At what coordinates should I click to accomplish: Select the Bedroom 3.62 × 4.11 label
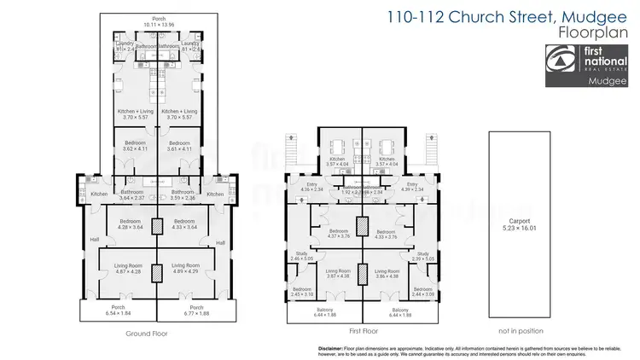(x=136, y=146)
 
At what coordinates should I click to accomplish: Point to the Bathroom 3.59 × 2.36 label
(x=183, y=195)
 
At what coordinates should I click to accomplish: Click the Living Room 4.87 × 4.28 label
(x=128, y=269)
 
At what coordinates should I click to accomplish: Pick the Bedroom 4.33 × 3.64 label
(x=184, y=224)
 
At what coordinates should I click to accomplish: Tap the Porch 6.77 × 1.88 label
(x=196, y=311)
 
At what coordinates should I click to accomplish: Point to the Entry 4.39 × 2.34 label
(x=412, y=187)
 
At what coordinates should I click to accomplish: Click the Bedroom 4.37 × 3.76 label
(x=338, y=234)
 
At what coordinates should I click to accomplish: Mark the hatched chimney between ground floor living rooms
(x=157, y=272)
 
